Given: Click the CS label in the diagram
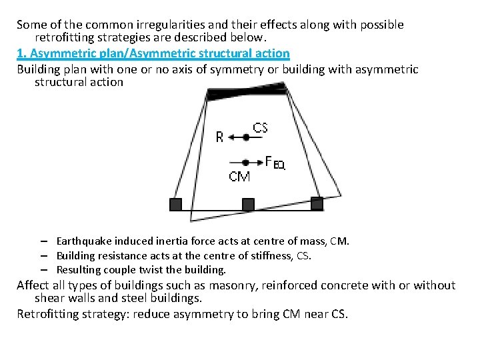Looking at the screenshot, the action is pos(261,127).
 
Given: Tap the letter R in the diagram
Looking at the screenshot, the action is pos(220,137).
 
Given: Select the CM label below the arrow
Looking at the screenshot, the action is pos(239,177).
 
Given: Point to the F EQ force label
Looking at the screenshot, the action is pos(275,162).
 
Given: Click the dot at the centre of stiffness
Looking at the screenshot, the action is pos(246,137).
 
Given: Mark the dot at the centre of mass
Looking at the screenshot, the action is pos(245,162).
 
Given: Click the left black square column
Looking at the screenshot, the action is pos(175,204).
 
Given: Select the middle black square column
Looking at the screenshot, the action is pos(247,204).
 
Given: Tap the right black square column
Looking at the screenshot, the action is pos(317,203).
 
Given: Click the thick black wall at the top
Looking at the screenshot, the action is pos(247,91).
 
